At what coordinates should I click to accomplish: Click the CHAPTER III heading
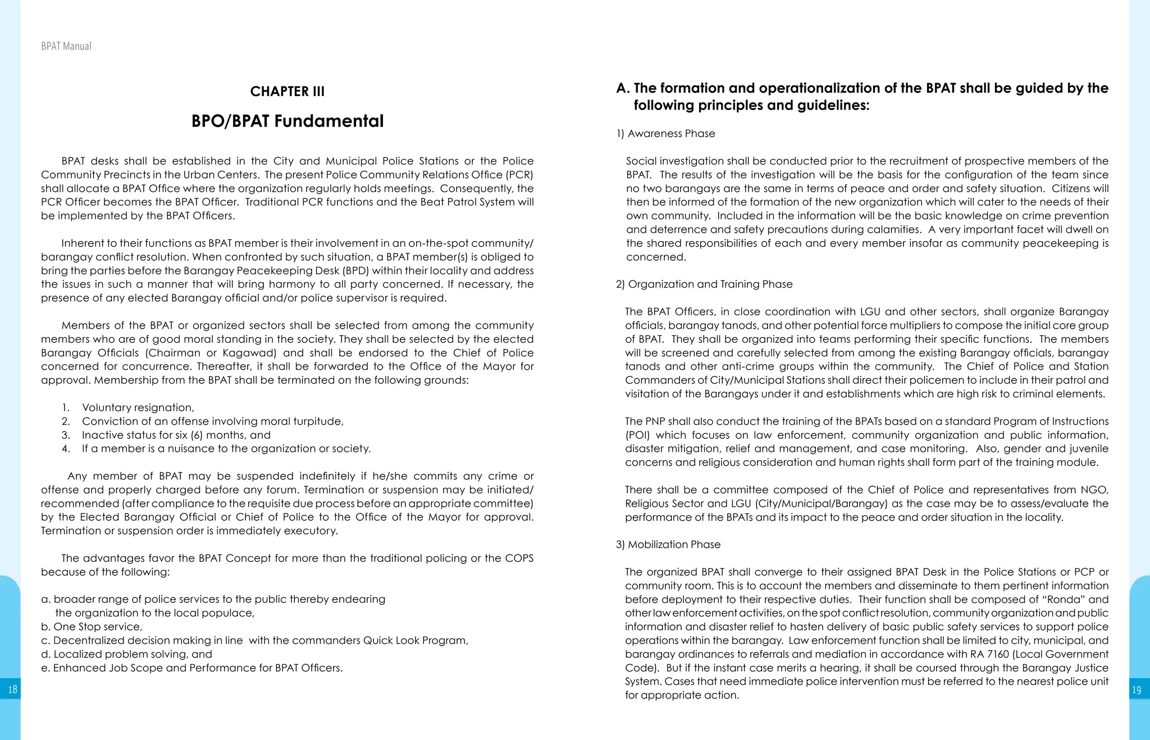(287, 92)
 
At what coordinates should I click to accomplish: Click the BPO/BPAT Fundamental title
(287, 121)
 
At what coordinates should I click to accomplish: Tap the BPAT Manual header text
(66, 46)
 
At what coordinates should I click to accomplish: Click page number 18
(12, 689)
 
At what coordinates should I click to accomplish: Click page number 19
(1137, 689)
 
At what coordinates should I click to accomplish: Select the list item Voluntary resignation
(138, 407)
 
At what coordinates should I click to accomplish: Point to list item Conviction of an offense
(212, 421)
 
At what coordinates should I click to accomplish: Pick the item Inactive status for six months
(176, 435)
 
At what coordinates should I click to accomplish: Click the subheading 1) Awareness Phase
(665, 134)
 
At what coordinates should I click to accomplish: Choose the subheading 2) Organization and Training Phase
(704, 284)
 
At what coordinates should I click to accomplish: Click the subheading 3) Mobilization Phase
(668, 544)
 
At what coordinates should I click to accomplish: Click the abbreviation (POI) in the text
(637, 435)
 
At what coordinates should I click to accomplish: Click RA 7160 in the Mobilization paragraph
(989, 654)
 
